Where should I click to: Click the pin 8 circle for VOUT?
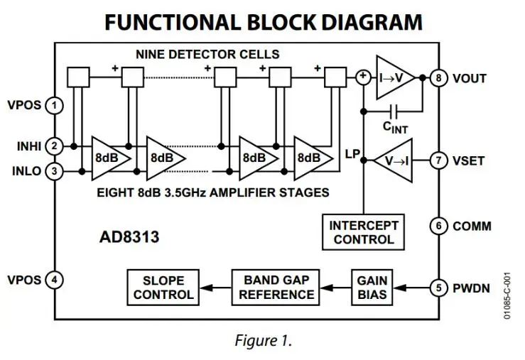(x=438, y=78)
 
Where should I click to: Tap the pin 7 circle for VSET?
(x=438, y=160)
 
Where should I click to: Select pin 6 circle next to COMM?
(x=438, y=226)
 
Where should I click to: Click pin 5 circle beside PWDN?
(x=438, y=288)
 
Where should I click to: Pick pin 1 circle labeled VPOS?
(x=54, y=105)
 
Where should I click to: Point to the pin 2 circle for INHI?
(x=54, y=146)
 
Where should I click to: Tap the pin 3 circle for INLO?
(x=54, y=171)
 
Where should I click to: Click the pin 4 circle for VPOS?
(x=54, y=280)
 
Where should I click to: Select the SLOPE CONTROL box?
(x=163, y=288)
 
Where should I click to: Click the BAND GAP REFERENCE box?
(x=276, y=288)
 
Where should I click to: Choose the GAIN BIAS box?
(x=372, y=288)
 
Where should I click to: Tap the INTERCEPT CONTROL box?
(x=363, y=232)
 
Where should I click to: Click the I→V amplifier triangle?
(x=395, y=77)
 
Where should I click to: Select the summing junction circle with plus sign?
(x=363, y=77)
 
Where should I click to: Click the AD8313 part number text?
(x=129, y=237)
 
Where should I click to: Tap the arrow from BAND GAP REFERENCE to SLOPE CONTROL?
(x=216, y=288)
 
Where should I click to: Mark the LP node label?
(x=352, y=154)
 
